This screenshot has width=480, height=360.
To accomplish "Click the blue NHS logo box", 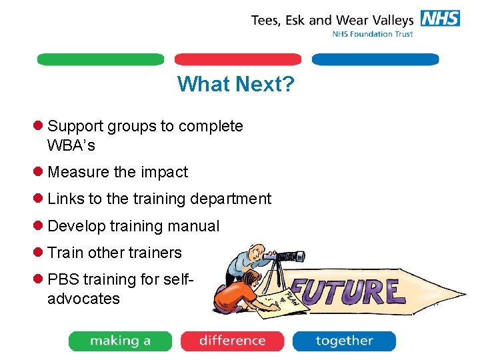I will click(439, 18).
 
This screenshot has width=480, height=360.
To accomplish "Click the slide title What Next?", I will click(236, 84).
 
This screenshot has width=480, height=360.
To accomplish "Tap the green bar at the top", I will click(101, 59).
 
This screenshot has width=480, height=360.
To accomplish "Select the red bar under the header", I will click(238, 59).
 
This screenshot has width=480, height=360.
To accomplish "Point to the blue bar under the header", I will click(375, 59).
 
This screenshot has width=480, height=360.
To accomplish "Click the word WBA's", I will click(71, 145).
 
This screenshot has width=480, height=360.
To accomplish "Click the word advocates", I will click(83, 299).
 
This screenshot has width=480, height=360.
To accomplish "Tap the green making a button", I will click(120, 341).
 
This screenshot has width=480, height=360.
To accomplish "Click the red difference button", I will click(232, 341).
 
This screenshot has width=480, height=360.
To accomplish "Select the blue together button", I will click(344, 341).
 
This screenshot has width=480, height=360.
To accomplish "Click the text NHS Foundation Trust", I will click(373, 34).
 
